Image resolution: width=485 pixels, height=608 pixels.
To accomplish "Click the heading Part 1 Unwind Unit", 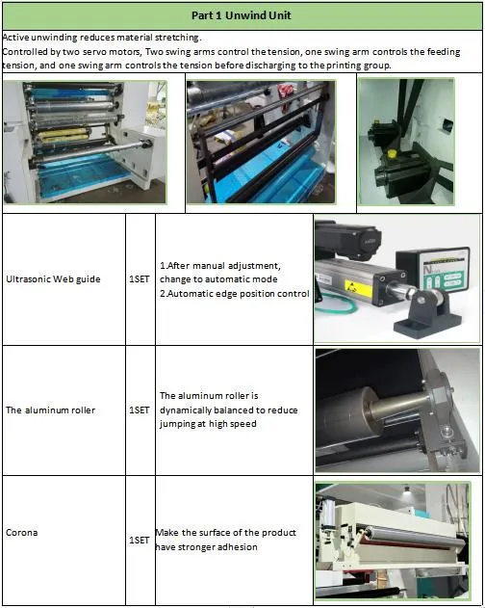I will point(242,15).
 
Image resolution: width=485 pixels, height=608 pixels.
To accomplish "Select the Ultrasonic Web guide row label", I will point(53,279).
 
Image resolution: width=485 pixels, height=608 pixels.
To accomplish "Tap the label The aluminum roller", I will point(51,410).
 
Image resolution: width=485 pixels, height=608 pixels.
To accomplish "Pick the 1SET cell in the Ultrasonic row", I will point(140,279).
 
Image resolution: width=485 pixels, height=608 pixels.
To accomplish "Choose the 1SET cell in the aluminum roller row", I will point(140,410).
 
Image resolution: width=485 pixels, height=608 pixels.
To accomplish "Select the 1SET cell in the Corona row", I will point(140,541).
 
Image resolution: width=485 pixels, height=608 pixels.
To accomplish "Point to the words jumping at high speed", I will point(207,423).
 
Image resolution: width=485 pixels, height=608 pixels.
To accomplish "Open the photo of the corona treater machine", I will point(397,542).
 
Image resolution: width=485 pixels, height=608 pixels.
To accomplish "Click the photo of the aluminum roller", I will point(397,409).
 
